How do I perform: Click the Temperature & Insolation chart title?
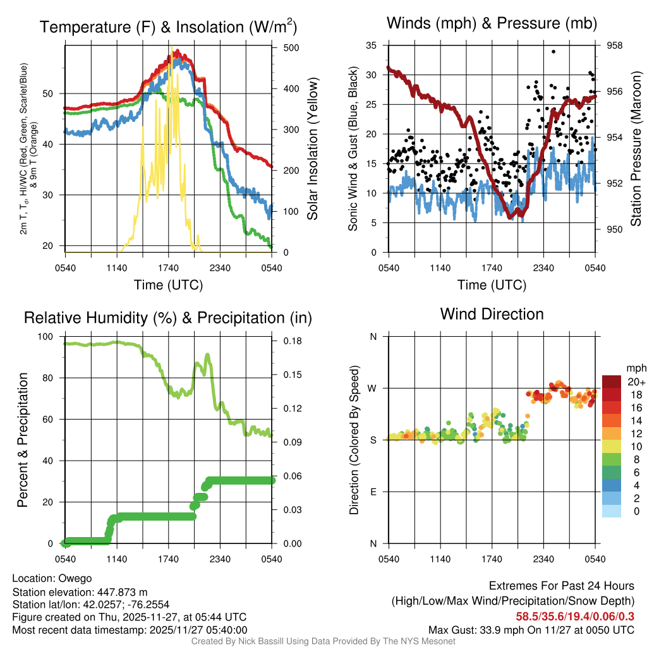click(x=168, y=27)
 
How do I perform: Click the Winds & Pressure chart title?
click(x=492, y=23)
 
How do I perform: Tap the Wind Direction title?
click(x=492, y=313)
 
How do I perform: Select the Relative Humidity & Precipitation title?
click(x=168, y=318)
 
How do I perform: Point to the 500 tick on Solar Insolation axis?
click(x=291, y=48)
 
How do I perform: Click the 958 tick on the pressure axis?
click(x=614, y=45)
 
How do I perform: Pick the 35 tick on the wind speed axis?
click(x=372, y=45)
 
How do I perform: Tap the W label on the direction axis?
click(x=373, y=388)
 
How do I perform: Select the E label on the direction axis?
click(x=373, y=492)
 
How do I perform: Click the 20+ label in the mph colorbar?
click(x=636, y=382)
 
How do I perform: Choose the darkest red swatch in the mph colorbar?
click(x=612, y=382)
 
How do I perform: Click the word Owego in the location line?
click(x=75, y=579)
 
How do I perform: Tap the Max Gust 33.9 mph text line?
click(x=531, y=630)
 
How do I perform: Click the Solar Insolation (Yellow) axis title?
click(x=313, y=148)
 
